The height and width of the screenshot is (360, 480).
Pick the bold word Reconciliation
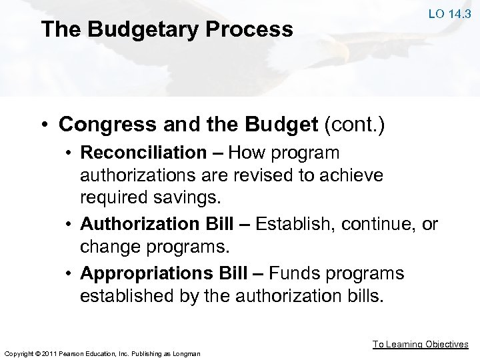pyautogui.click(x=143, y=153)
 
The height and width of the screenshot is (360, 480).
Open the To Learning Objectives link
pyautogui.click(x=420, y=344)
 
